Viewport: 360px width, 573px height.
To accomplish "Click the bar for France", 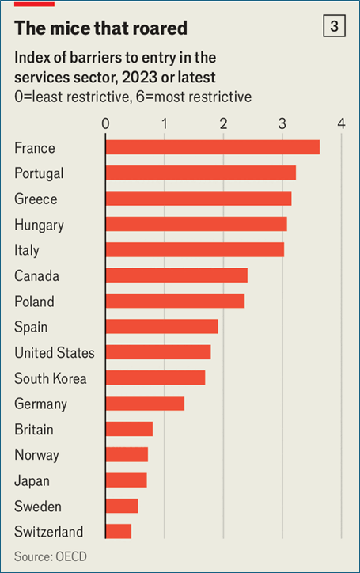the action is [213, 147].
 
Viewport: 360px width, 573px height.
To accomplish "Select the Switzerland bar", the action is [119, 531].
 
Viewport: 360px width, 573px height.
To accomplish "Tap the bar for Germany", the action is [145, 403].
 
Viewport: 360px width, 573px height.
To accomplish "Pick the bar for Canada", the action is [176, 275].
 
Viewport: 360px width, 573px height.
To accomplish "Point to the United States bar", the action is [158, 352].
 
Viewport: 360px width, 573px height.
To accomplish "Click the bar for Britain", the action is [130, 429].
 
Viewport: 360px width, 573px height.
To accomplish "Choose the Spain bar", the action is [162, 326].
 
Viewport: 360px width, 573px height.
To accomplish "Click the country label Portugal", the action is [39, 173].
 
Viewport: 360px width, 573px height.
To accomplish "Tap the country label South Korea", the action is [51, 378].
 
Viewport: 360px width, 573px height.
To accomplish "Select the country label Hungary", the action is [39, 225].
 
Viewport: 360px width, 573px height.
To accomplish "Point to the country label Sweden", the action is [38, 507].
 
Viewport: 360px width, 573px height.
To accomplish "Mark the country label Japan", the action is [32, 481].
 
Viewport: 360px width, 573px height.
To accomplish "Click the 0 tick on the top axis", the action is [105, 124].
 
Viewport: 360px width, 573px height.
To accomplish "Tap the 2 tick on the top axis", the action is [223, 124].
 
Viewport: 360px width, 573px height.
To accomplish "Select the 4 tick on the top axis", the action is [341, 124].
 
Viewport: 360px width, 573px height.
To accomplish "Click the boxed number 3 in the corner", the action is [334, 26].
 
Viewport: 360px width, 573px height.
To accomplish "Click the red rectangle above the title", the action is [34, 3].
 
